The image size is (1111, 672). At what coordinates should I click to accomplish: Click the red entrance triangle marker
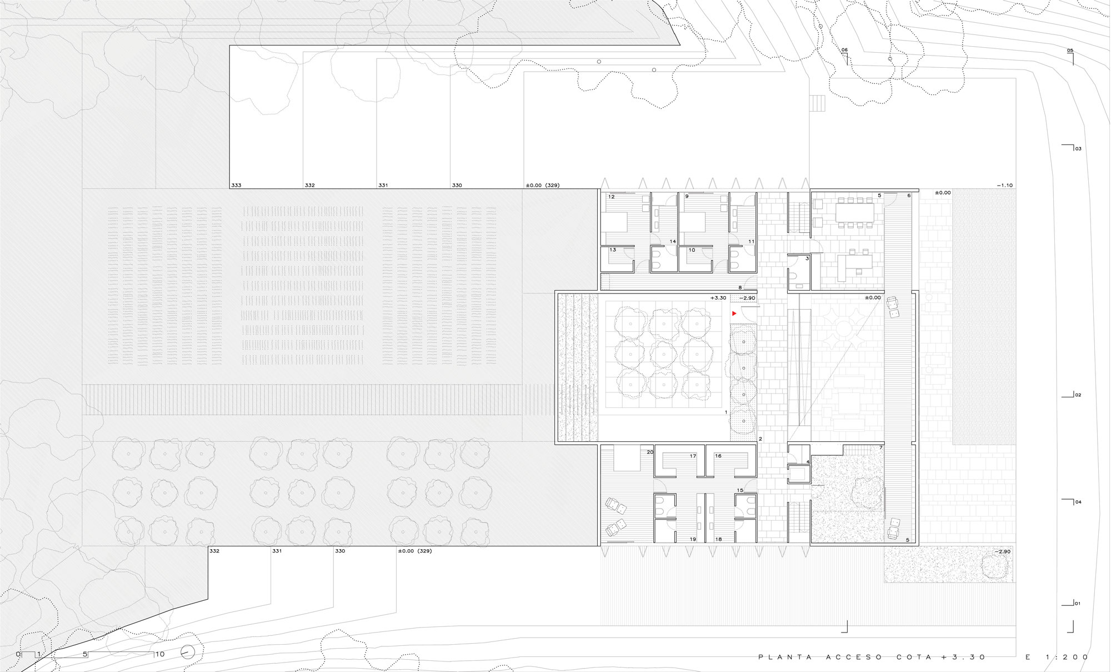734,313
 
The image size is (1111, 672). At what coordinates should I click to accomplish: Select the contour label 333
237,185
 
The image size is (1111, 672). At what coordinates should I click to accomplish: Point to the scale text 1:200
1067,657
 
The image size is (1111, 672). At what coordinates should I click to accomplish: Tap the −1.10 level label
1004,185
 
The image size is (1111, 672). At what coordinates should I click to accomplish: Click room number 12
611,197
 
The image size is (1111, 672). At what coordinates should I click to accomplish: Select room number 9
687,197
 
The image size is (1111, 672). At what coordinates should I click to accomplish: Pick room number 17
693,456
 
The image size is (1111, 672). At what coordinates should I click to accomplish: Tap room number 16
718,456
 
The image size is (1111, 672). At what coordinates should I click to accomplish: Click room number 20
650,452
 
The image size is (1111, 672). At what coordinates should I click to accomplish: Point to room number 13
613,250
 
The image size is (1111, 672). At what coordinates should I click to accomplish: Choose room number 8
740,287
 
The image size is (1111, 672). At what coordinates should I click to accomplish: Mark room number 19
693,539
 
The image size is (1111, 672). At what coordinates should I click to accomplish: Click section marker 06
844,50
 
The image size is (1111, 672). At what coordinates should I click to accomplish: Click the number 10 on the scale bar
160,654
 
